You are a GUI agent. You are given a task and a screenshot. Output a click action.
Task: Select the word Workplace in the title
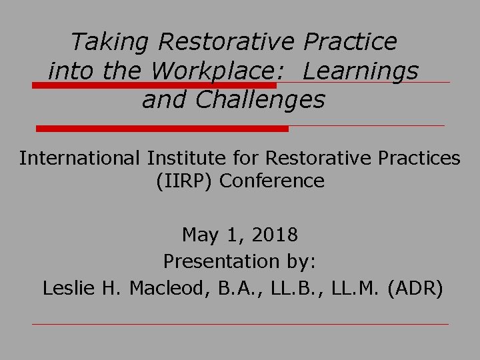pos(237,71)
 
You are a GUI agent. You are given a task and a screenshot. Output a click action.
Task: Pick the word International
pos(78,158)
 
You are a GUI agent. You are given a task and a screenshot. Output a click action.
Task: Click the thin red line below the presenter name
pos(240,325)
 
